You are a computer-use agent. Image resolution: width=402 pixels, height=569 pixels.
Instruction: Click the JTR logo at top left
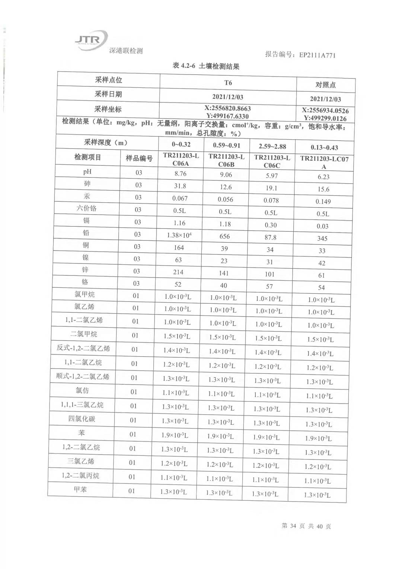pos(91,39)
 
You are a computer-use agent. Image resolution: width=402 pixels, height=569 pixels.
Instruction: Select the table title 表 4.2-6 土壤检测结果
pos(206,66)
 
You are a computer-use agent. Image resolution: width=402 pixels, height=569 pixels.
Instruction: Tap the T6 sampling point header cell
pos(228,82)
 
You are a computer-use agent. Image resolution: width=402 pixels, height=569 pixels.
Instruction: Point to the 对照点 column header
pos(326,85)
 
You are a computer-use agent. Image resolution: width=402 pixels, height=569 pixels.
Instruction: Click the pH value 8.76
pos(181,174)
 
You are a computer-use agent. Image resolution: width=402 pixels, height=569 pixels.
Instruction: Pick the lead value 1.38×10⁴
pos(179,235)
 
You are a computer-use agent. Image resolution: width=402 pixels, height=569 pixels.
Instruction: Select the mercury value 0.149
pos(323,202)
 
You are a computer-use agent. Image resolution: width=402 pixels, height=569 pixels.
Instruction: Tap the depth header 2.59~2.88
pos(272,146)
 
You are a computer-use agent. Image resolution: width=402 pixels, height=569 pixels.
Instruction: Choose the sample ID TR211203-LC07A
pos(324,162)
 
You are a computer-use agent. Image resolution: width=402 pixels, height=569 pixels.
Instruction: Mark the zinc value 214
pos(178,272)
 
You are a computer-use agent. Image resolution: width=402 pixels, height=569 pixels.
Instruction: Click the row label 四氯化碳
pos(82,419)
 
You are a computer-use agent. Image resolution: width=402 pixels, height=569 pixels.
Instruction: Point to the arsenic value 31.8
pos(180,186)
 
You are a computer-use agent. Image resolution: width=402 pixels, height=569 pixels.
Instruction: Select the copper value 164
pos(179,247)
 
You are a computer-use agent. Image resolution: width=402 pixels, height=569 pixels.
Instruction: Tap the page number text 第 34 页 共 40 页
pos(306,526)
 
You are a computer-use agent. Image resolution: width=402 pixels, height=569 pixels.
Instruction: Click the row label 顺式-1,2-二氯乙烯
pos(83,376)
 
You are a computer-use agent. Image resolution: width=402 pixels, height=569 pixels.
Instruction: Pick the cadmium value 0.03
pos(322,226)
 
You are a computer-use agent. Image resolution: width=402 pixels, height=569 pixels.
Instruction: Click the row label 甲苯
pos(80,489)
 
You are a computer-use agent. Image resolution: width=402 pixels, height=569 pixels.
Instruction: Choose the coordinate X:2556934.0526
pos(325,111)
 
